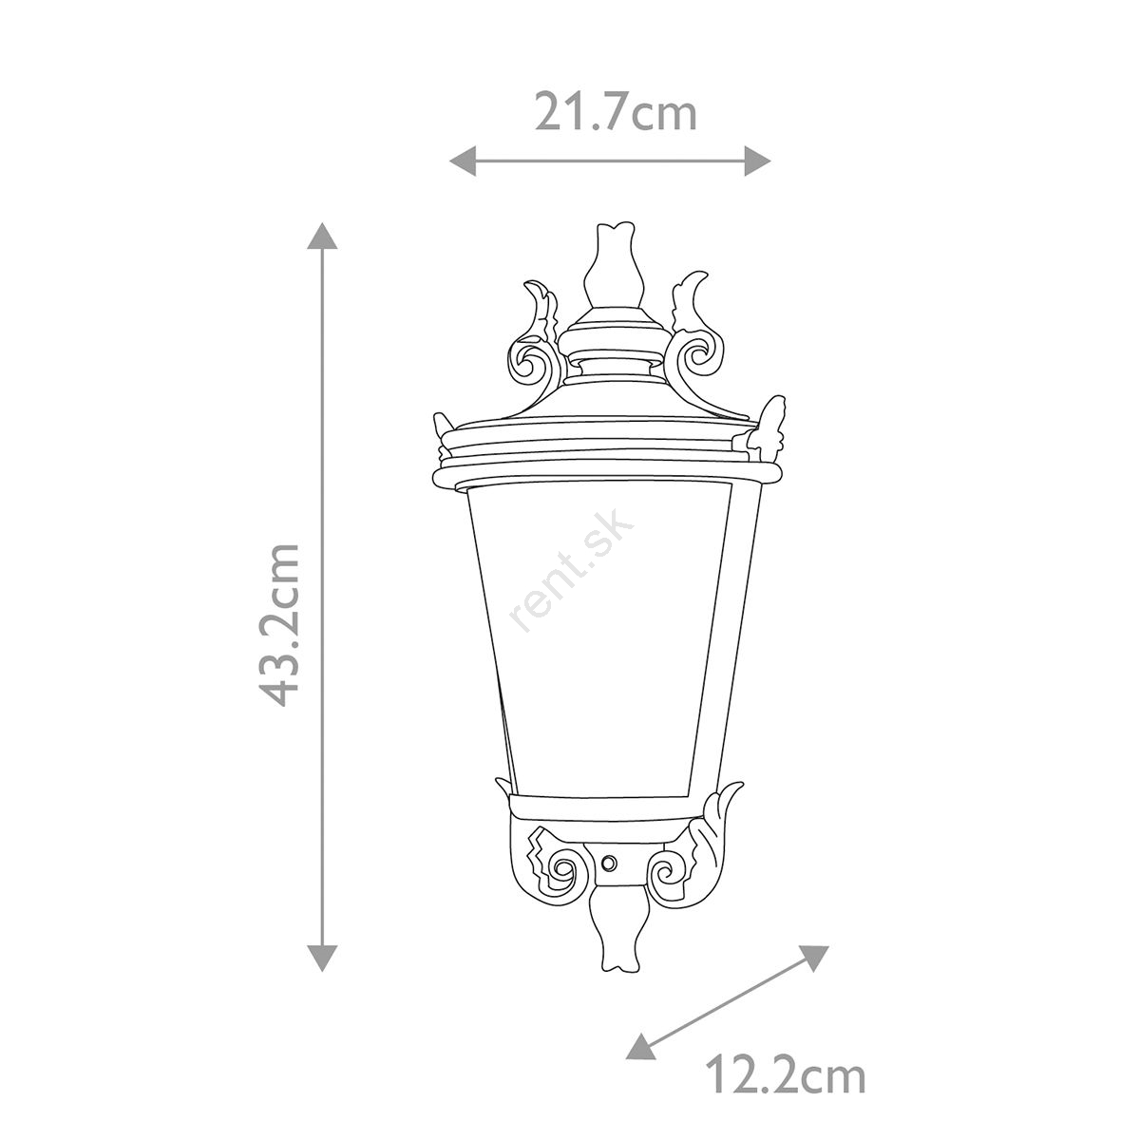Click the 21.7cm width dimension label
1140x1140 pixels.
[x=616, y=112]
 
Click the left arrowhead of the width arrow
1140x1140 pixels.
[x=463, y=161]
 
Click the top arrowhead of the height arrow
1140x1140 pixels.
[x=322, y=237]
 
